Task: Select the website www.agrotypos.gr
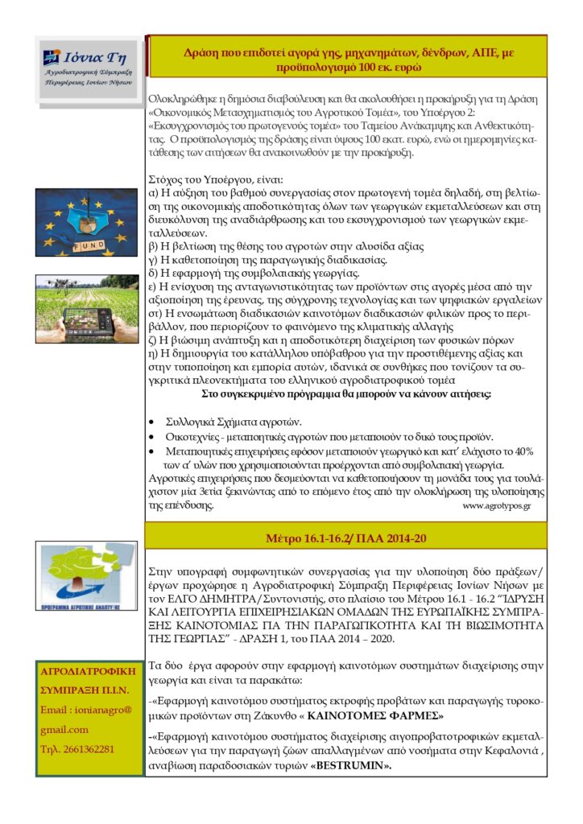tap(496, 506)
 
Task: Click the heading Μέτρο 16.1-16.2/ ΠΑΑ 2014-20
tap(345, 537)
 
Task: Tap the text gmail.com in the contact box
tap(64, 729)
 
